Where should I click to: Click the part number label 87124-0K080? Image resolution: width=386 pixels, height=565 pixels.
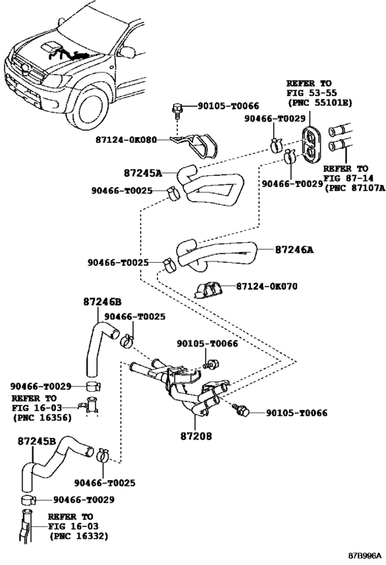tap(125, 139)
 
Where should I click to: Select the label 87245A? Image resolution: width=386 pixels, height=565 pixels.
tap(143, 174)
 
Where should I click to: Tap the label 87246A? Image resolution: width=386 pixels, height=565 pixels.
tap(294, 250)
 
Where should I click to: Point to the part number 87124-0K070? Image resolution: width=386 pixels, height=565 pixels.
tap(267, 286)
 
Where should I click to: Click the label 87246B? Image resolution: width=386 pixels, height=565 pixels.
tap(102, 301)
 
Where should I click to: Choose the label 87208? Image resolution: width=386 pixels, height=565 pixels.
tap(196, 436)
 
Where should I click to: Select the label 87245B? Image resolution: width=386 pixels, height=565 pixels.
tap(37, 439)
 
